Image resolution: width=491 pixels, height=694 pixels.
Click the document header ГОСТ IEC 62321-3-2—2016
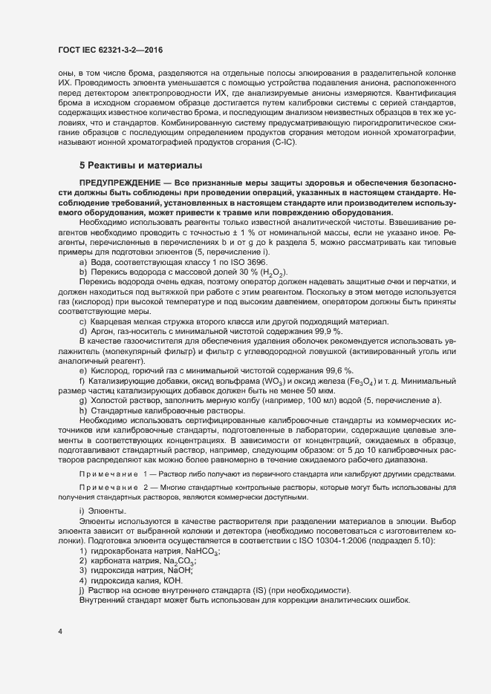click(110, 50)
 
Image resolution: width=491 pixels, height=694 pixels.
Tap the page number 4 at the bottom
click(59, 631)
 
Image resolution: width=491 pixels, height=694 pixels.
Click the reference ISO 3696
click(245, 263)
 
